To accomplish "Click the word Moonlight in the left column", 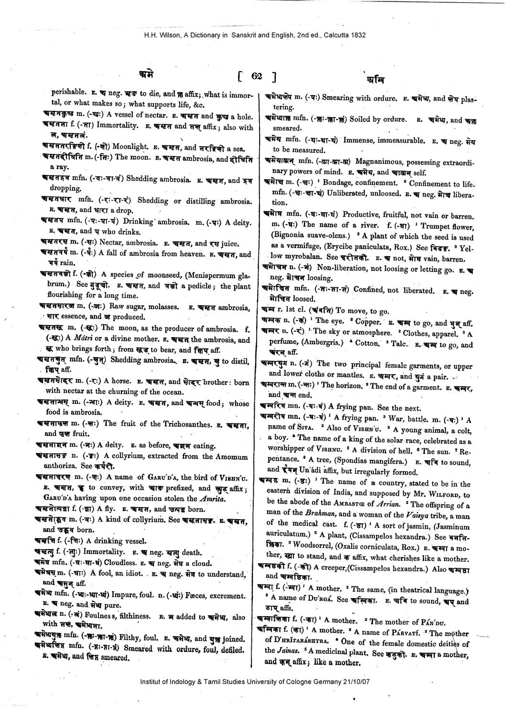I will [130, 147].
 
